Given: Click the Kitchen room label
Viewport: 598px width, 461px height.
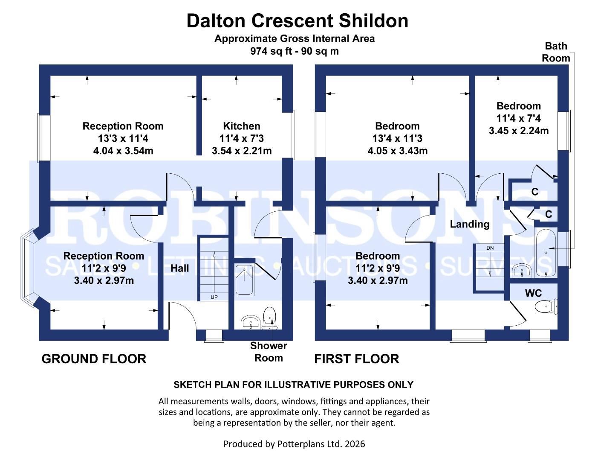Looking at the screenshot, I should tap(241, 126).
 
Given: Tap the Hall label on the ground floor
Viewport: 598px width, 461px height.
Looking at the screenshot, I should tap(179, 268).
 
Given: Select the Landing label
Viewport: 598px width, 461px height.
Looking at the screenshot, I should tap(469, 224).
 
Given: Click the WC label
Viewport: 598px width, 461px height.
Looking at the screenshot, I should tap(533, 293).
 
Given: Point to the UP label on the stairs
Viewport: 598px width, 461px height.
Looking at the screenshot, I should tap(214, 297).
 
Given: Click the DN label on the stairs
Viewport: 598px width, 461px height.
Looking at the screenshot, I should tap(490, 248).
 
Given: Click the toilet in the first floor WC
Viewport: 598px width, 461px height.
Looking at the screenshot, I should tap(546, 306).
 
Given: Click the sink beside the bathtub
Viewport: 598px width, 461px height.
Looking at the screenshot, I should tap(521, 270).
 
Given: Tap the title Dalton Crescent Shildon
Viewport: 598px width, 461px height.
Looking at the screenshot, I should tap(298, 20).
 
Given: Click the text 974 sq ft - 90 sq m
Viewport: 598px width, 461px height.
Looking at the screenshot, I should tap(295, 51).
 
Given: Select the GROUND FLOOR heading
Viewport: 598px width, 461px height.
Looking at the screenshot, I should tap(94, 359).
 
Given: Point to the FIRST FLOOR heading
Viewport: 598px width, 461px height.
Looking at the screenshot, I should tap(356, 359).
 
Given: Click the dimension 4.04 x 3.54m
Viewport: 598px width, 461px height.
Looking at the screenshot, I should tap(123, 151).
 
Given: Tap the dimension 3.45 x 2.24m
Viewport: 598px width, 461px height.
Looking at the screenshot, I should tap(518, 131).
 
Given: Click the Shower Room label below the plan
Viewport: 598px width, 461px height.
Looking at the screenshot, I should tap(269, 352).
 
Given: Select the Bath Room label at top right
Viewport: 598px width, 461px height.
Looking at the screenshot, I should tap(556, 52).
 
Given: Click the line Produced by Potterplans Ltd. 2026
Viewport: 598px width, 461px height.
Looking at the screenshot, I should tap(294, 444).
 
